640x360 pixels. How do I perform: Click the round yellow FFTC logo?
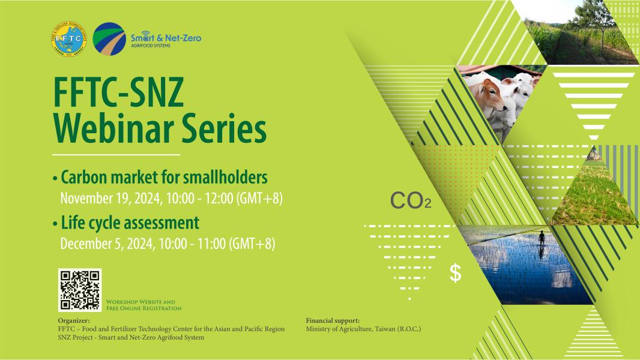(x=69, y=39)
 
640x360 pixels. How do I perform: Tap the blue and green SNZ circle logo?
(x=109, y=39)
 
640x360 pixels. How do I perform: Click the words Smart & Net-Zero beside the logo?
(x=166, y=38)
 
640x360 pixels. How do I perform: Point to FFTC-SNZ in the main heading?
(x=118, y=92)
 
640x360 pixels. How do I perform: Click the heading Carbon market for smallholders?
(x=164, y=178)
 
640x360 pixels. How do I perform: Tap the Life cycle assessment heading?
(x=130, y=223)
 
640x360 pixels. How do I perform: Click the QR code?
(x=80, y=290)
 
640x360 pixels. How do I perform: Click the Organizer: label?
(x=74, y=321)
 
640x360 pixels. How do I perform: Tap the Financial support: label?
(x=333, y=321)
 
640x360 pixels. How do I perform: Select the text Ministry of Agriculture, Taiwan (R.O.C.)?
(x=363, y=329)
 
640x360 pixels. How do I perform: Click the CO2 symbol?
(x=411, y=200)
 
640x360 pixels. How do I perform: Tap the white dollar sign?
(x=456, y=273)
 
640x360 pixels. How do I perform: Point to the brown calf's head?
(x=489, y=92)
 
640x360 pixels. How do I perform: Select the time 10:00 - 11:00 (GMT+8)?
(x=217, y=244)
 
